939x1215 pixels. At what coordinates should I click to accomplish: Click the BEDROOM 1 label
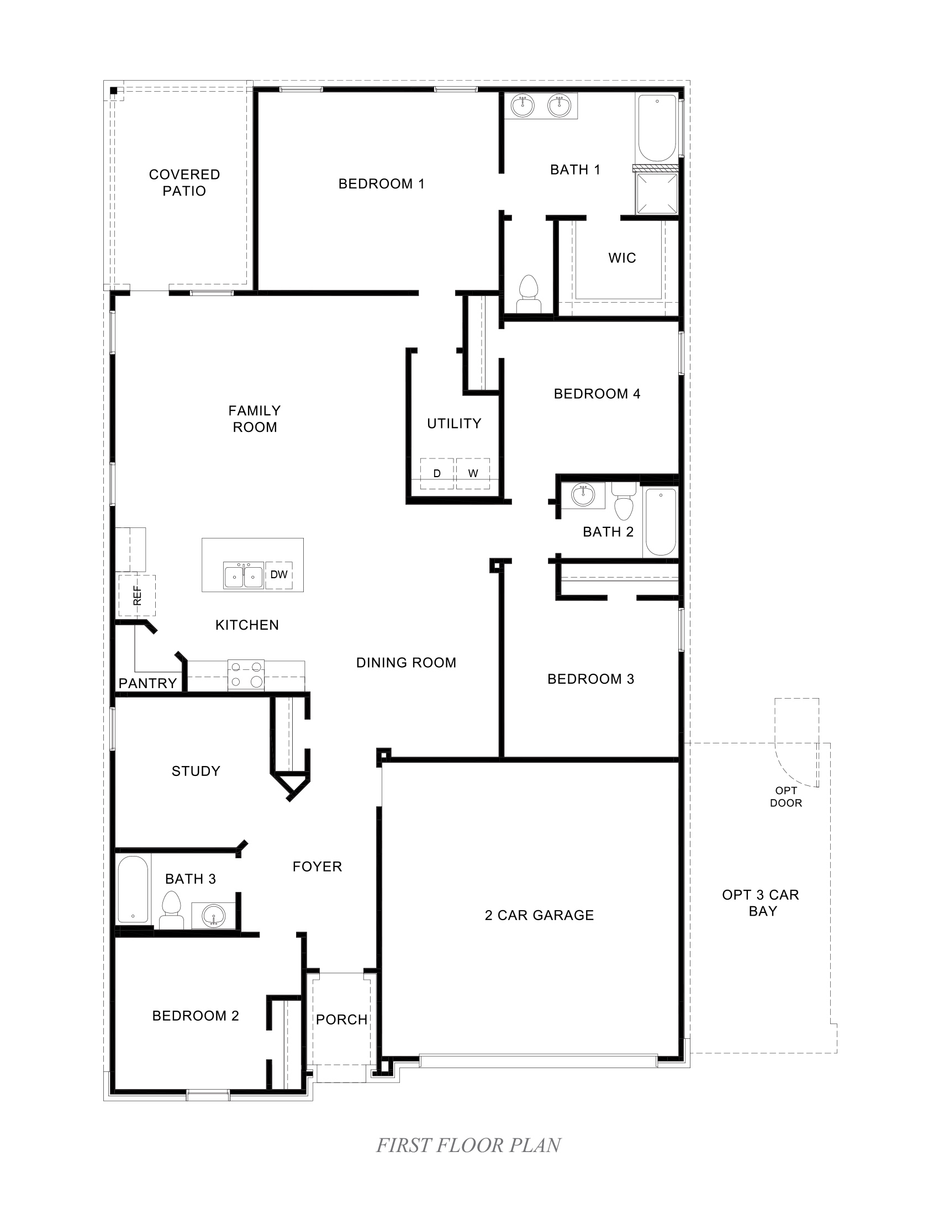click(381, 183)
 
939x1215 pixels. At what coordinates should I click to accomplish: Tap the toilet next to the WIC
click(529, 293)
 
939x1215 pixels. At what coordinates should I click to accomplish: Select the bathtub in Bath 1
click(657, 129)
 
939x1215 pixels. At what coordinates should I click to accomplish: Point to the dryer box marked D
click(437, 473)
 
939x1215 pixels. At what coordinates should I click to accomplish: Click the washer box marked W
click(473, 473)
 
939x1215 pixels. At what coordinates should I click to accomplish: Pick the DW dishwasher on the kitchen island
click(279, 575)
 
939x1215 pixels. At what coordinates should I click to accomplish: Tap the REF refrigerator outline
click(137, 595)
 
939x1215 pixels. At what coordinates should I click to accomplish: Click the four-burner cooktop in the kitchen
click(246, 675)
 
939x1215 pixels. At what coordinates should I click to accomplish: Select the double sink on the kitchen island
click(243, 575)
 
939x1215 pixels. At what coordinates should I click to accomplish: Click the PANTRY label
click(147, 683)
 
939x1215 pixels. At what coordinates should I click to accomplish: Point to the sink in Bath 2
click(583, 494)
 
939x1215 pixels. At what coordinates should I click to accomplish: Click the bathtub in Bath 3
click(134, 889)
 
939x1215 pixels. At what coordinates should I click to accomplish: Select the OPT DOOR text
click(785, 796)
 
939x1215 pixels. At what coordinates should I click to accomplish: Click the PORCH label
click(341, 1019)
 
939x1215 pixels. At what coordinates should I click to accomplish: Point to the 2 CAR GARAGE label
click(539, 915)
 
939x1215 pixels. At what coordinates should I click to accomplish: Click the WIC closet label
click(622, 258)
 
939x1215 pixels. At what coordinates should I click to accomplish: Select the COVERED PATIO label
click(184, 182)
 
